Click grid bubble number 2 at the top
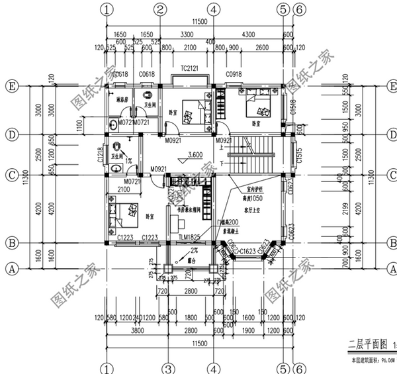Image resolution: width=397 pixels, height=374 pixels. [x=159, y=9]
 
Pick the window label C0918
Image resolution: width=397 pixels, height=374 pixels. [x=234, y=74]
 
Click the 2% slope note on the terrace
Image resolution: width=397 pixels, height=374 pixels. [x=194, y=250]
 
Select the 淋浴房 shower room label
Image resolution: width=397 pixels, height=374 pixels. [x=122, y=100]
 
